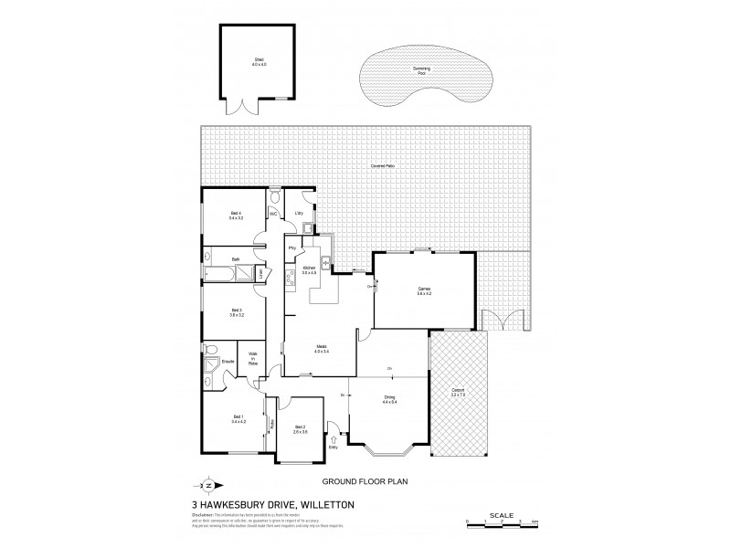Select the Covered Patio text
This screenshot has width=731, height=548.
point(383,166)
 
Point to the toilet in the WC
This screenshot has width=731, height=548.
point(274,196)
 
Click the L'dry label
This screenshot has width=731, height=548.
point(299,214)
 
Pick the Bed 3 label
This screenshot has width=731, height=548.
point(236,313)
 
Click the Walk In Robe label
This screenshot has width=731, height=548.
point(251,358)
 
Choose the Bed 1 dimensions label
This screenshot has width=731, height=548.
point(238,421)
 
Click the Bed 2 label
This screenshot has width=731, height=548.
point(300,429)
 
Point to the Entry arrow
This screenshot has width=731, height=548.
point(333,439)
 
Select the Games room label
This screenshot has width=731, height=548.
point(424,290)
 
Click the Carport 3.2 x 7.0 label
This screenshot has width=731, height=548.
point(459,394)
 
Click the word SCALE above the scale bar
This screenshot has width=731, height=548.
point(501,514)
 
